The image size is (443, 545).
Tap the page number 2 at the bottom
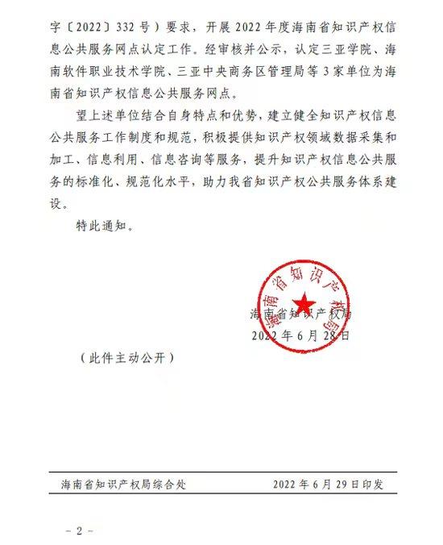coord(79,531)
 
